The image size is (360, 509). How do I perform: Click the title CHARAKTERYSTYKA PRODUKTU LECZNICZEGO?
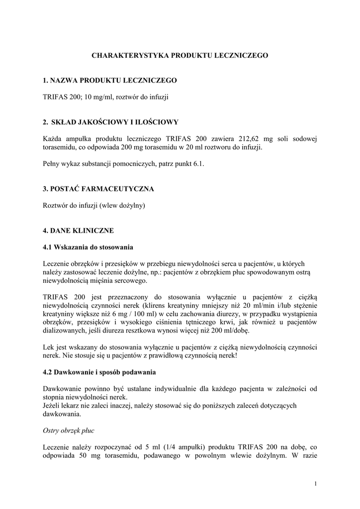(180, 56)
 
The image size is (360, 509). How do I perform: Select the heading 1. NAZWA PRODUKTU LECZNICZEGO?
(110, 80)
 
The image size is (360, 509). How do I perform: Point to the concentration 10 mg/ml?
(97, 97)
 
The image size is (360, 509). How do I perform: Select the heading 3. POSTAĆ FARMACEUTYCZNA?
(98, 189)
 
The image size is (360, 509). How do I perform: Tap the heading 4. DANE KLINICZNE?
(78, 231)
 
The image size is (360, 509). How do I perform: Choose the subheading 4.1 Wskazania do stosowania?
(88, 247)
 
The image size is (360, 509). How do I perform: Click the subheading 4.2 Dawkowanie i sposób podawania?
(99, 371)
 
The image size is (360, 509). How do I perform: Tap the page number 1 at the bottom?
(316, 484)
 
